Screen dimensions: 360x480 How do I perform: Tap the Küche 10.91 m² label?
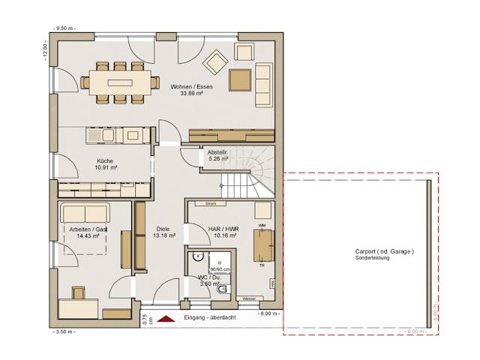pyautogui.click(x=104, y=164)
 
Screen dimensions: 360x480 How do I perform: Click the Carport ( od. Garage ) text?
pyautogui.click(x=384, y=251)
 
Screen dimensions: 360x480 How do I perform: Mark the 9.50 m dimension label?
pyautogui.click(x=64, y=28)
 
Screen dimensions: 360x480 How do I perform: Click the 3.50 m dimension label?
pyautogui.click(x=64, y=330)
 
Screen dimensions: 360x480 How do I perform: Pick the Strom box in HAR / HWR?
pyautogui.click(x=210, y=203)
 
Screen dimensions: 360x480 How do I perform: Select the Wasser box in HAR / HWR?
pyautogui.click(x=249, y=298)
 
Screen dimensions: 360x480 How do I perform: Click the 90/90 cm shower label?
pyautogui.click(x=220, y=269)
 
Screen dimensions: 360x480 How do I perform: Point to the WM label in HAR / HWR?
pyautogui.click(x=262, y=225)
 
